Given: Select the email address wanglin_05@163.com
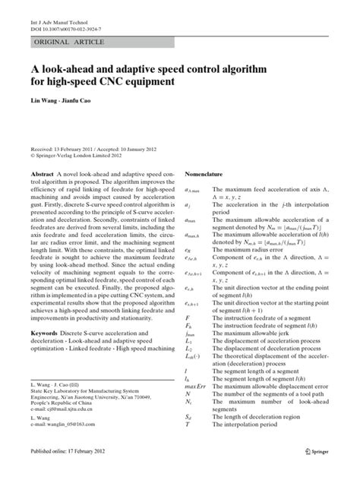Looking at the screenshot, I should point(73,424).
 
